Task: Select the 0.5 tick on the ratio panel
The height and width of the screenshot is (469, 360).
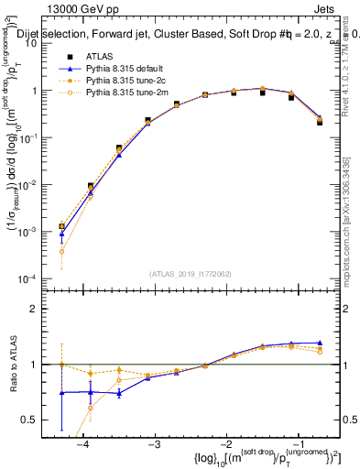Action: [42, 420]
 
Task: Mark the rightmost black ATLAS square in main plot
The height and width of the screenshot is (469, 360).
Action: [319, 121]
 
